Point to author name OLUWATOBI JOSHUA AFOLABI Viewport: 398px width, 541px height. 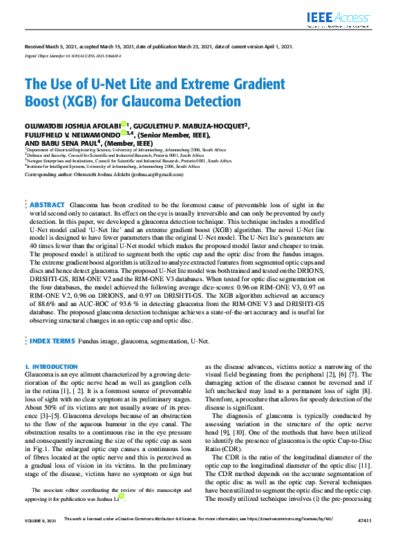tap(72, 125)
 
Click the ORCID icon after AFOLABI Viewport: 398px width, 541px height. tap(123, 124)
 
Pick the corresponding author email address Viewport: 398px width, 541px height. tap(160, 175)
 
